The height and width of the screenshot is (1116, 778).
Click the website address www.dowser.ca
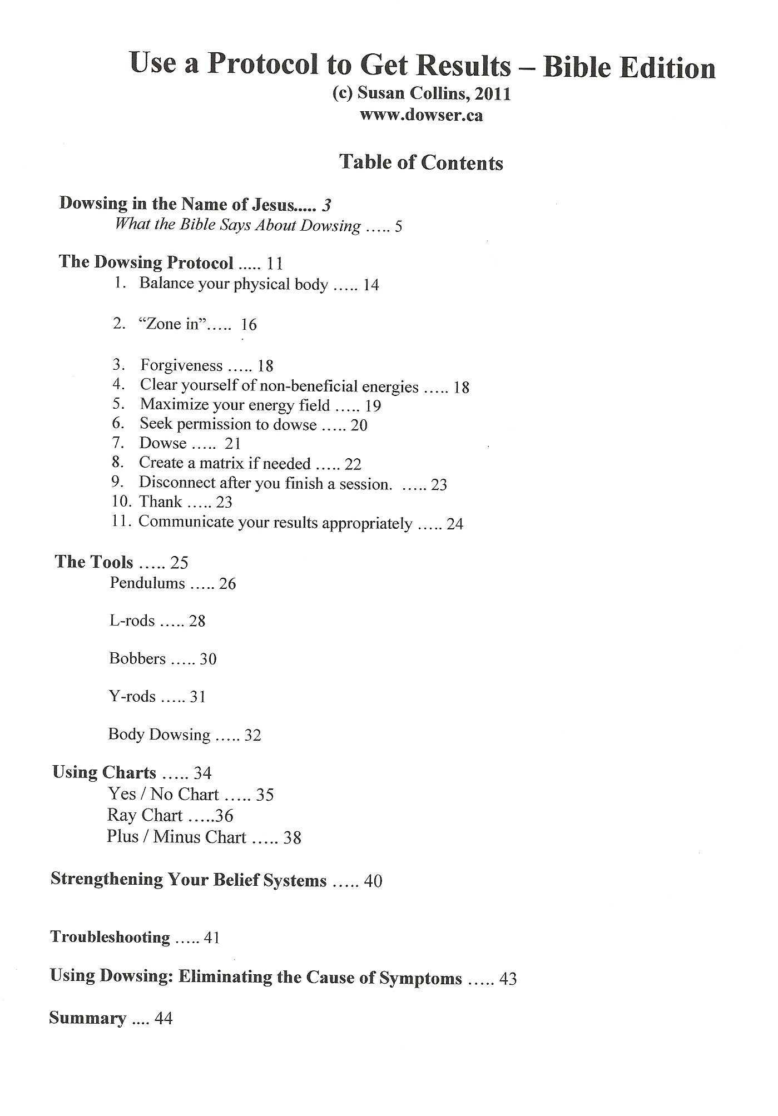pyautogui.click(x=421, y=116)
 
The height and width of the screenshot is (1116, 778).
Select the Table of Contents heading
pyautogui.click(x=421, y=162)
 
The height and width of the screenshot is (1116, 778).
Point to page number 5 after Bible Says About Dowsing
pyautogui.click(x=398, y=227)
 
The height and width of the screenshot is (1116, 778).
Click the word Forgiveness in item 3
pyautogui.click(x=181, y=365)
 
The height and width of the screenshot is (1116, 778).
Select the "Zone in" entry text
pyautogui.click(x=172, y=324)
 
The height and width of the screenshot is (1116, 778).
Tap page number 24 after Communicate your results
pyautogui.click(x=454, y=524)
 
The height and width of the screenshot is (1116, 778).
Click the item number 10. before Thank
pyautogui.click(x=121, y=502)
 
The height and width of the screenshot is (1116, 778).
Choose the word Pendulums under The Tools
pyautogui.click(x=147, y=583)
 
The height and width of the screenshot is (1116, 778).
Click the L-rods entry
pyautogui.click(x=132, y=621)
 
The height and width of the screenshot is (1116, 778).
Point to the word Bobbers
pyautogui.click(x=137, y=659)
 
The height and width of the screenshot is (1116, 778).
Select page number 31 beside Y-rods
pyautogui.click(x=198, y=697)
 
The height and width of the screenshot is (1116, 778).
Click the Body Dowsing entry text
pyautogui.click(x=159, y=735)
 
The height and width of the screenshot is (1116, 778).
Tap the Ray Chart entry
pyautogui.click(x=145, y=816)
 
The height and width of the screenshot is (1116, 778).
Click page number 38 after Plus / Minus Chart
pyautogui.click(x=292, y=837)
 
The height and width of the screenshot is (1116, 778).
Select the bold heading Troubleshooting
pyautogui.click(x=110, y=938)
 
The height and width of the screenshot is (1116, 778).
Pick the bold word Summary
pyautogui.click(x=88, y=1018)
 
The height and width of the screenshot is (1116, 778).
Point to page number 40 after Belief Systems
pyautogui.click(x=373, y=881)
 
